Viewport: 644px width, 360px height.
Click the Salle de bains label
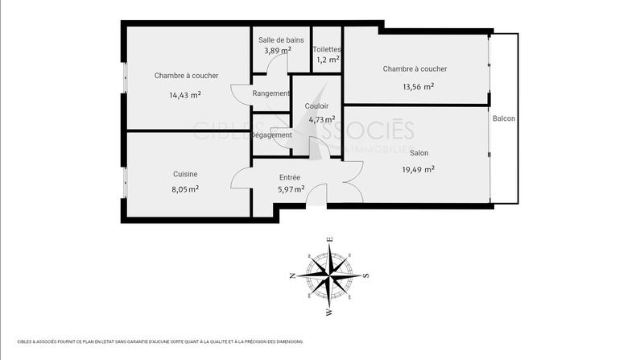point(281,39)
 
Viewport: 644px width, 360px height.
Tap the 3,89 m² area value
point(278,50)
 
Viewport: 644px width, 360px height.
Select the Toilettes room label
point(328,49)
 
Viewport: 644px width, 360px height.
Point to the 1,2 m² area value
point(328,60)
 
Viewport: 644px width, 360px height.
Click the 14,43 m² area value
point(184,94)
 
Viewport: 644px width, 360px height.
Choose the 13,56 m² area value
point(419,88)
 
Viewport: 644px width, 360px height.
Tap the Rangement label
point(270,93)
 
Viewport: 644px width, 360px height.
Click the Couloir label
point(316,106)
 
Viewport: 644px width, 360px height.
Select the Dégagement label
point(271,134)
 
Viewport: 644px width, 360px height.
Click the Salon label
point(419,153)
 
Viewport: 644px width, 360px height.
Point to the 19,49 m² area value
point(419,169)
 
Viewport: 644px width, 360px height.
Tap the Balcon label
point(504,118)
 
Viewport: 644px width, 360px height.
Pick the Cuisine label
point(185,174)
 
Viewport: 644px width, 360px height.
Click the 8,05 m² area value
point(185,189)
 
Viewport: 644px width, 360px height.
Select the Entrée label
point(290,177)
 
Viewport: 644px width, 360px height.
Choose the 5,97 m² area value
point(291,190)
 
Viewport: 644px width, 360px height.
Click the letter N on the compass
point(292,275)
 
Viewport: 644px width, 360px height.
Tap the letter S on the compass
point(366,275)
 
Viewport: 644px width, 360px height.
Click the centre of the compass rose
point(329,275)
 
